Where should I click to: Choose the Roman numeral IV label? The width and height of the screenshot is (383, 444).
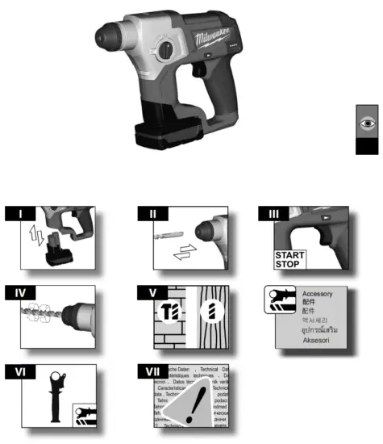[24, 292]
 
